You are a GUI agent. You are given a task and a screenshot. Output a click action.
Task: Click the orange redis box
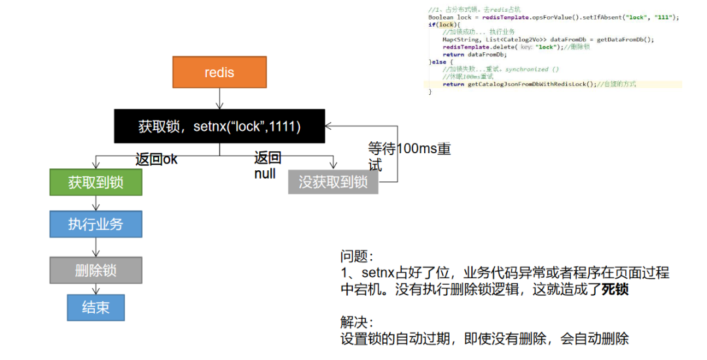(x=219, y=72)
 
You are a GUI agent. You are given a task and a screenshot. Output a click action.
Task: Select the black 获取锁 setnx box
(x=219, y=126)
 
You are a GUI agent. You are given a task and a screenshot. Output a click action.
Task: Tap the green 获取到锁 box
(x=96, y=182)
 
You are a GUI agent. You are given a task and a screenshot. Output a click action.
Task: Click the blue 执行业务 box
(x=96, y=224)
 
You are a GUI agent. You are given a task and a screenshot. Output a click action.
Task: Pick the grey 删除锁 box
(x=96, y=270)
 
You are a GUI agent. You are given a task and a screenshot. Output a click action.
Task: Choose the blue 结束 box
(x=96, y=307)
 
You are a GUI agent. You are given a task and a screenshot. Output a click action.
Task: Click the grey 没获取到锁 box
(x=333, y=182)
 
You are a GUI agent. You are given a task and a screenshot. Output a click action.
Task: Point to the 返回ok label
(x=156, y=159)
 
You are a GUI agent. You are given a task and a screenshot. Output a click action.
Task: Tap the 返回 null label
(x=267, y=165)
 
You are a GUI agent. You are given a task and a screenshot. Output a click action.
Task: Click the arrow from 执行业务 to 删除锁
(x=96, y=247)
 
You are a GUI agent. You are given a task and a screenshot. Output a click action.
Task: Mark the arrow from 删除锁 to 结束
(x=96, y=289)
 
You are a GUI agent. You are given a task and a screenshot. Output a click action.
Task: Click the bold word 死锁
(x=615, y=289)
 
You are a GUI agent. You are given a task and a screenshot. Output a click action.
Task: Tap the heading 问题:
(x=357, y=256)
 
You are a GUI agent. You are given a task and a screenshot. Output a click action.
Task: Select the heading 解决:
(x=357, y=323)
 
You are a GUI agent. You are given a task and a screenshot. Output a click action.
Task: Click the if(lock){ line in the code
(x=441, y=25)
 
